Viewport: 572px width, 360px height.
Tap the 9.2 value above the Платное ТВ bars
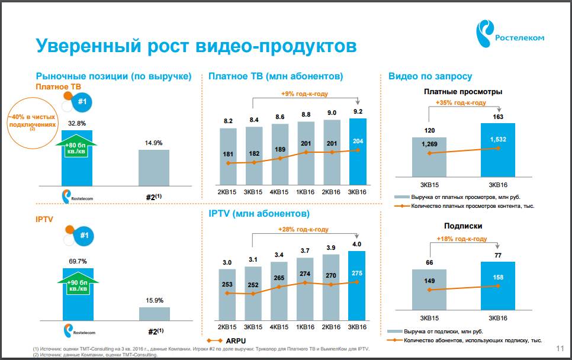[x=358, y=112]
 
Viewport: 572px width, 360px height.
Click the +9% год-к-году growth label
[x=304, y=94]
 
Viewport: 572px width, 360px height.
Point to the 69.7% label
[x=77, y=261]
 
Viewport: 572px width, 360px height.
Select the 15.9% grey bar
[x=154, y=314]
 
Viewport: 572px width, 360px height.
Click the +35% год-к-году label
[x=461, y=102]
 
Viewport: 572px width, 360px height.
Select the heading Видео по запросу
[x=430, y=76]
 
